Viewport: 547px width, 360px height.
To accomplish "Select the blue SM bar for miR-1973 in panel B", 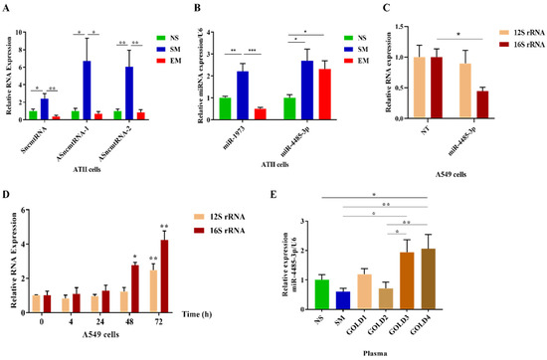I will pos(242,95).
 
